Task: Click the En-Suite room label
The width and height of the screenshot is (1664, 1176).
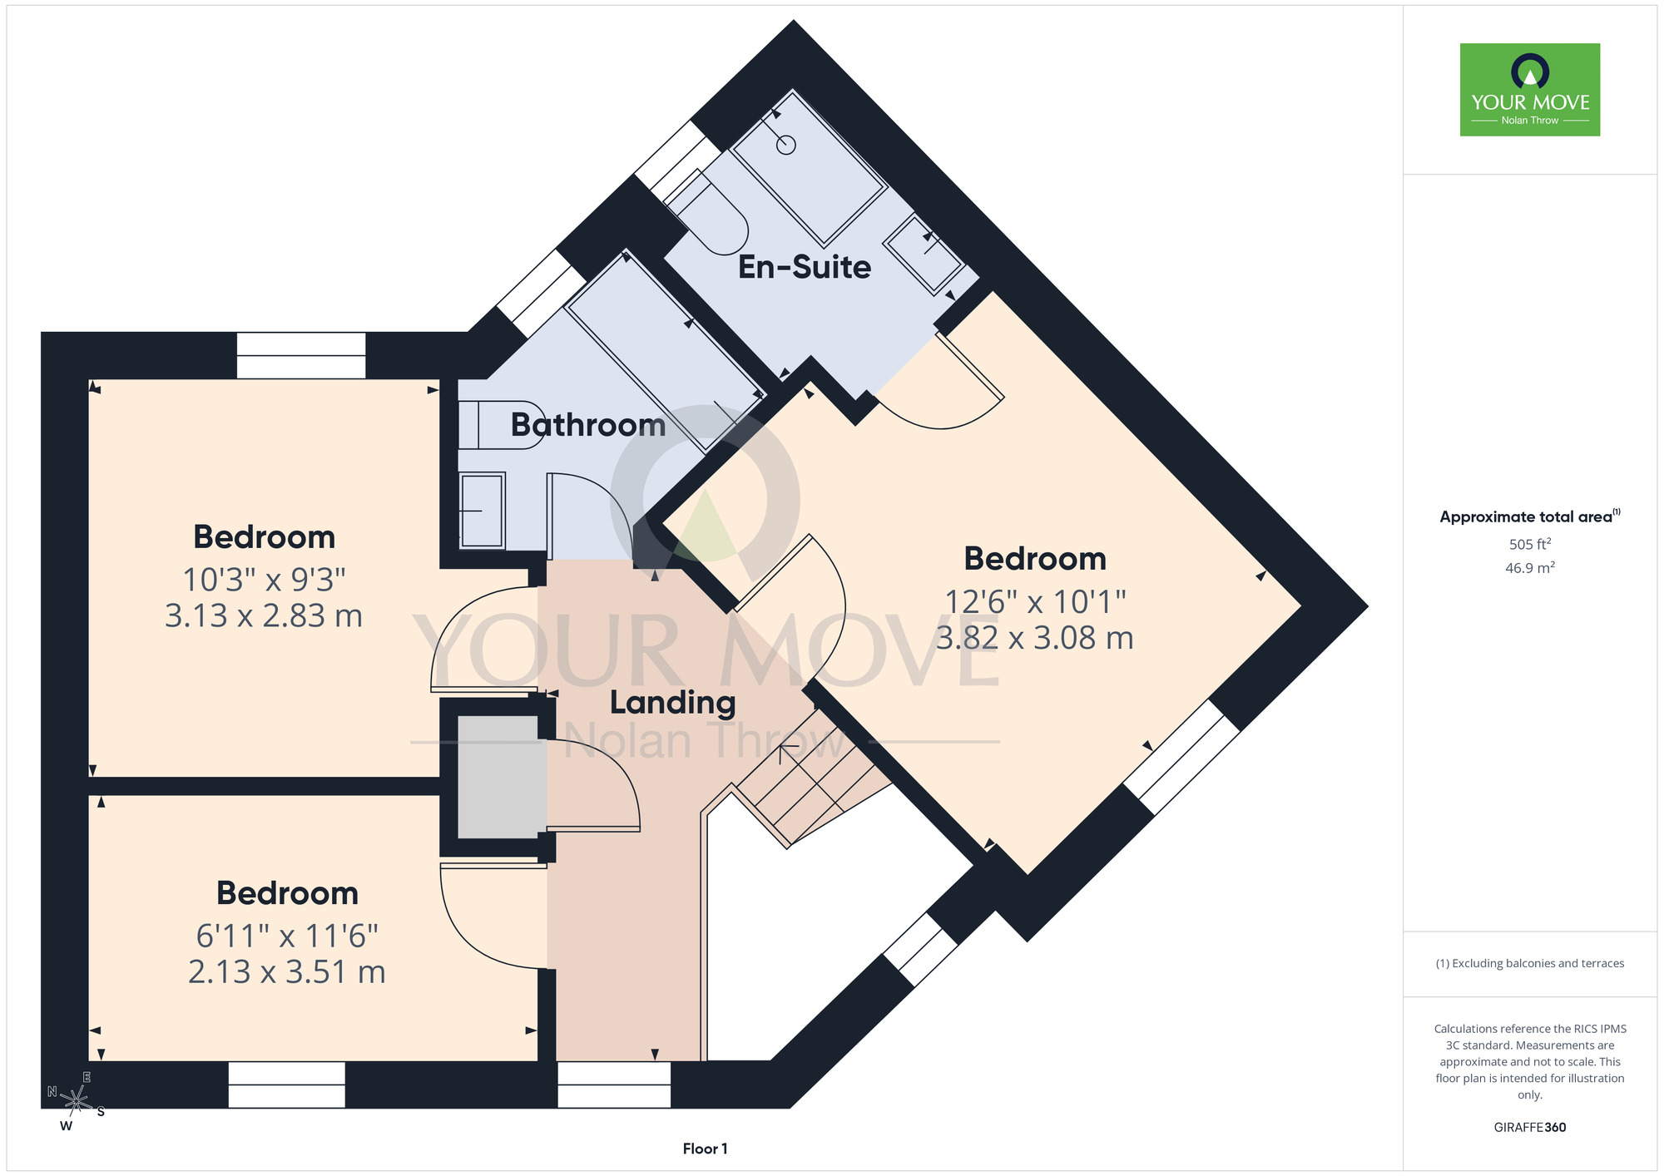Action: pos(805,267)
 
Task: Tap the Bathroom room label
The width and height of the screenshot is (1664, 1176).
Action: pos(588,425)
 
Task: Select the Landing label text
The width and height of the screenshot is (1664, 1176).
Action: pos(672,704)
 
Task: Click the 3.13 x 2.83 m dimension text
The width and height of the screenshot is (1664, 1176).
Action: pos(264,615)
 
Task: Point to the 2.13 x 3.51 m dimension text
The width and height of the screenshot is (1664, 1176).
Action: pos(287,971)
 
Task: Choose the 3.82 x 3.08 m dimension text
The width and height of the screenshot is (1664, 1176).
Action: pos(1035,638)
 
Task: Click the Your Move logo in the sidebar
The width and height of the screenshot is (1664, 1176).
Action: pos(1530,90)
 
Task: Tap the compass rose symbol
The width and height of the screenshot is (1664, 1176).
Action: pos(76,1101)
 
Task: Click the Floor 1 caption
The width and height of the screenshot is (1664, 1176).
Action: pos(705,1149)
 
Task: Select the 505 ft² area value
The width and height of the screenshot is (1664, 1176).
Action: pos(1530,544)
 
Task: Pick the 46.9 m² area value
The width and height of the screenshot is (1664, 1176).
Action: pos(1530,568)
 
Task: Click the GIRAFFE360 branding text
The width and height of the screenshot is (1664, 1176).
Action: pos(1530,1128)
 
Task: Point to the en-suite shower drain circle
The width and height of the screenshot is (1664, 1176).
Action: pos(786,145)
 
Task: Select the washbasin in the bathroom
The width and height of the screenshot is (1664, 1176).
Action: pos(482,511)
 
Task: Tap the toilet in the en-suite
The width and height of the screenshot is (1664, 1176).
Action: pos(706,211)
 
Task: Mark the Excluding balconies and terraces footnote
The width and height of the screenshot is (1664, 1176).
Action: pos(1530,963)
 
